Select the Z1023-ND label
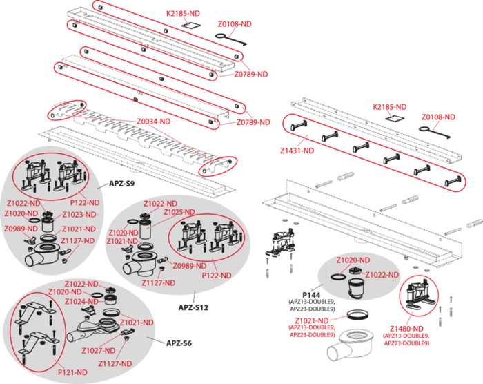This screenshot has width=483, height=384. tap(77, 215)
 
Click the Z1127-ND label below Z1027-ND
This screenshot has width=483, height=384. tap(114, 363)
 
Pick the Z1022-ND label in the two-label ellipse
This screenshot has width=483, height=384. tap(384, 275)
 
